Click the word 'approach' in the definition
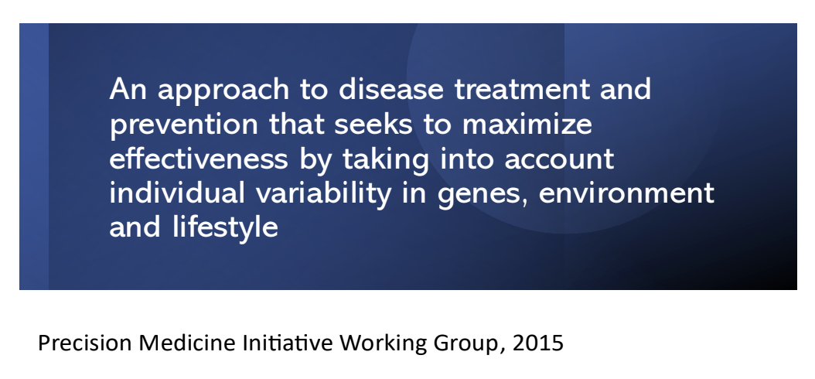pyautogui.click(x=223, y=90)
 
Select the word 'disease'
pyautogui.click(x=390, y=88)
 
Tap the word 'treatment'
pyautogui.click(x=523, y=89)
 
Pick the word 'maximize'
pyautogui.click(x=527, y=123)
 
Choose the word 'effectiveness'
pyautogui.click(x=198, y=158)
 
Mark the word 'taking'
pyautogui.click(x=386, y=160)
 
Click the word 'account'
pyautogui.click(x=559, y=159)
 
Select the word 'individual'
pyautogui.click(x=177, y=193)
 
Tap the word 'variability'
pyautogui.click(x=322, y=195)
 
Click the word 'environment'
pyautogui.click(x=626, y=193)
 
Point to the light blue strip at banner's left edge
pyautogui.click(x=34, y=156)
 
